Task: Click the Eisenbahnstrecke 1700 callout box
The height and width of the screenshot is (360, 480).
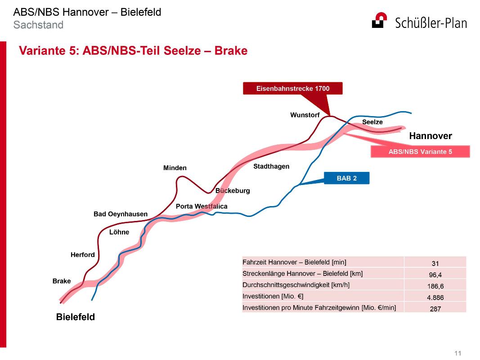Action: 293,89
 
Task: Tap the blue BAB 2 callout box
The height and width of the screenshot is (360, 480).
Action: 346,178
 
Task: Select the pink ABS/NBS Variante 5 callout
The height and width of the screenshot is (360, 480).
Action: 420,152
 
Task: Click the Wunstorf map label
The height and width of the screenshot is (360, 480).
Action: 305,115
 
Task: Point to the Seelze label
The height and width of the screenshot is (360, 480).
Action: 372,122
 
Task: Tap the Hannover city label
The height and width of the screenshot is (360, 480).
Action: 431,136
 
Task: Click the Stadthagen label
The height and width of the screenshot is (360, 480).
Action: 271,166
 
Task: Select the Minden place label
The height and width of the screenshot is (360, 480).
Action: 175,168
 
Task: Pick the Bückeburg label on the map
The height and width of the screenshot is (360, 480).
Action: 233,191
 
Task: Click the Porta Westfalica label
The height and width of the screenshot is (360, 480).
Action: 202,207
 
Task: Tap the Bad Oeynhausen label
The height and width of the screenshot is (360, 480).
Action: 120,214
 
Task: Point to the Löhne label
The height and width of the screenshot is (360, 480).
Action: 119,232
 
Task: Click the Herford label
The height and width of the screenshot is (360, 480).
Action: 83,255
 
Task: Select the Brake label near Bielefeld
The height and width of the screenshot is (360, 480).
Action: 62,281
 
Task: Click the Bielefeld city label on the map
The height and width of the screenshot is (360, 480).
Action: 75,317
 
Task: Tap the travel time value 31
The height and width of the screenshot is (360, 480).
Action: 435,263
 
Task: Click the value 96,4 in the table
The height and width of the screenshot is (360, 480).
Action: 435,274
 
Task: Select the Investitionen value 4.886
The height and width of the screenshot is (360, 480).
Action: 435,297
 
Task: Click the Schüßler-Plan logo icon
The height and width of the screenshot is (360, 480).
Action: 379,20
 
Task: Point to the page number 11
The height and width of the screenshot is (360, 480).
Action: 458,353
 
